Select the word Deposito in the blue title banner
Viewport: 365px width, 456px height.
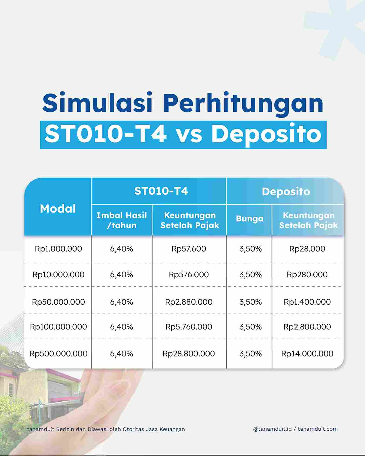(x=266, y=134)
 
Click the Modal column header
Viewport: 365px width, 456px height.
(x=58, y=209)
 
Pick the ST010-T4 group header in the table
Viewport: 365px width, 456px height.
(x=161, y=191)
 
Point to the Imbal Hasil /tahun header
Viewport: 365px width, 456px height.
(x=122, y=220)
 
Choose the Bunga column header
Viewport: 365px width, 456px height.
(x=250, y=218)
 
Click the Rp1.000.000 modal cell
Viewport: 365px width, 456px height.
(x=58, y=249)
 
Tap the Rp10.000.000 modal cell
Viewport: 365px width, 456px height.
(x=58, y=275)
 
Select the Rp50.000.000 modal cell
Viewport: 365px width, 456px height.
(x=58, y=302)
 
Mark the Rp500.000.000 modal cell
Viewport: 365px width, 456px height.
(x=58, y=354)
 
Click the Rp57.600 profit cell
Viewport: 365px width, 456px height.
(x=189, y=249)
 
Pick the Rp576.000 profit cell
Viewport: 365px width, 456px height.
(x=189, y=275)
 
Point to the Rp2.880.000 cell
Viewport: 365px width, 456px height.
(x=189, y=302)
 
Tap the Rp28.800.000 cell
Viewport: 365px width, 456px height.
(x=189, y=354)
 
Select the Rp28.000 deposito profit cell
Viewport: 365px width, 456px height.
(x=307, y=249)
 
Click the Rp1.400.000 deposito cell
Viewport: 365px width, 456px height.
(x=307, y=302)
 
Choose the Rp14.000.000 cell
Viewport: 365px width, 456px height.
(x=307, y=354)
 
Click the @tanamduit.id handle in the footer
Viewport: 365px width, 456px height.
(x=273, y=429)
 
